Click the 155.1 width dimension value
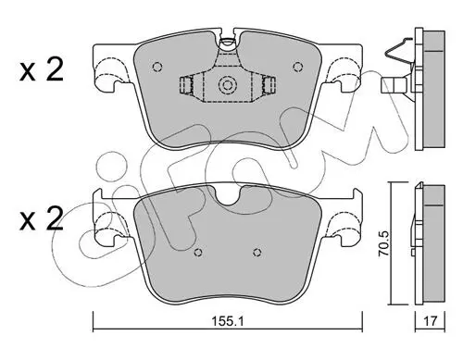click(228, 321)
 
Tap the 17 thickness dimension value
click(430, 321)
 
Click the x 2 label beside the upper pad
click(42, 69)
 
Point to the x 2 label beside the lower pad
click(42, 218)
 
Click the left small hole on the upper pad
click(157, 67)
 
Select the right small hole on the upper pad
click(297, 67)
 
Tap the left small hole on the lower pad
click(198, 252)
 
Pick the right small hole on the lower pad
click(257, 253)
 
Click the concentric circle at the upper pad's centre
click(228, 84)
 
